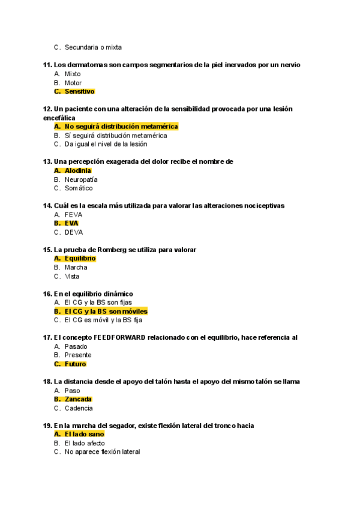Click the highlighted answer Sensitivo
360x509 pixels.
click(x=79, y=92)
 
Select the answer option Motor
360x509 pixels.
click(x=73, y=83)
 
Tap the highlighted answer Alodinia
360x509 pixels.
click(x=78, y=170)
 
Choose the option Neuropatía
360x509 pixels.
click(x=81, y=179)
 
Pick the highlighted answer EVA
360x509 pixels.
click(x=71, y=223)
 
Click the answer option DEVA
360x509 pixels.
click(x=73, y=232)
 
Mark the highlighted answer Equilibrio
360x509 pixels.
click(x=80, y=259)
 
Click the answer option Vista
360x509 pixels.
click(x=72, y=277)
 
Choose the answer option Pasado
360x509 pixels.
click(x=76, y=346)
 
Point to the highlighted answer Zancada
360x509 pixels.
click(x=78, y=399)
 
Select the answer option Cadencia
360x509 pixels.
click(x=79, y=408)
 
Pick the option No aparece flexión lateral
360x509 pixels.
click(x=102, y=452)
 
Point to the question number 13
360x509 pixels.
click(x=47, y=161)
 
